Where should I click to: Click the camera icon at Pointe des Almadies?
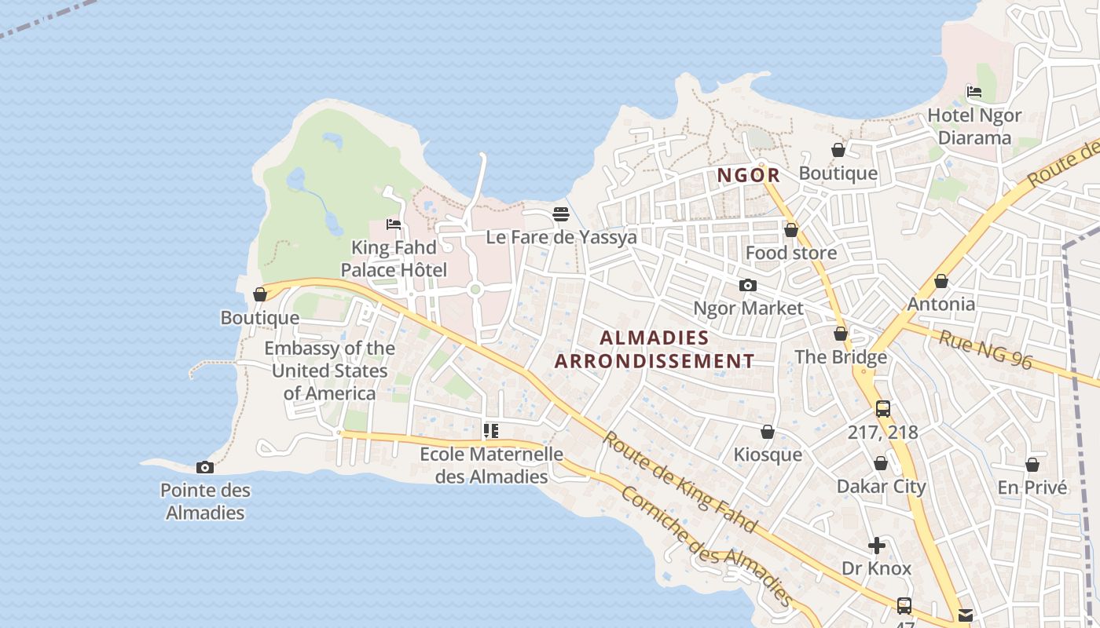point(204,468)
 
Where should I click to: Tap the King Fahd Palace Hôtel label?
point(393,259)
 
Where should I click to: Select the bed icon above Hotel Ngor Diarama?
point(974,92)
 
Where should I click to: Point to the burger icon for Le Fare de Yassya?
point(560,214)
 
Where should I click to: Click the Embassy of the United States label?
point(329,371)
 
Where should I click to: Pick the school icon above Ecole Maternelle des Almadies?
point(491,430)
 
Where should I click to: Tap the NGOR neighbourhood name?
point(748,175)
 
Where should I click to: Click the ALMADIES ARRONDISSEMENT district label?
point(654,349)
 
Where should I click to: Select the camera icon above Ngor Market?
point(747,285)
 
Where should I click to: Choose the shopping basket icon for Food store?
point(791,230)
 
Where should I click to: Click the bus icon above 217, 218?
point(882,409)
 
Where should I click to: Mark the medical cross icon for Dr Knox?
point(877,546)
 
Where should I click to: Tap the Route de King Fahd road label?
point(680,481)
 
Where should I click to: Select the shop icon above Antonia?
point(940,281)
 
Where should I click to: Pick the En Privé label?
point(1032,487)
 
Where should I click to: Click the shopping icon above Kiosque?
point(768,432)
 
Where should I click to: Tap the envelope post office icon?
point(965,615)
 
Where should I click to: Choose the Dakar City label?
point(881,486)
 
